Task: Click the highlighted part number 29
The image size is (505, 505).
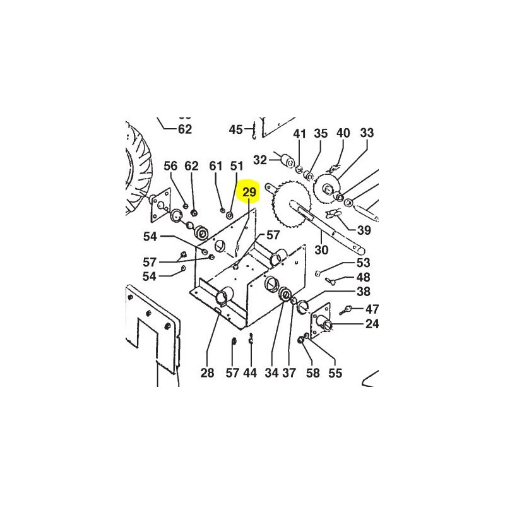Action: click(250, 191)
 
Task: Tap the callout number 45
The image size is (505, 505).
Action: click(235, 129)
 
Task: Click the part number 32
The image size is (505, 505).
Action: click(260, 159)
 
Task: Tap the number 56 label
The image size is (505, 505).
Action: click(171, 166)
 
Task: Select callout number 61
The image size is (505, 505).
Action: click(216, 166)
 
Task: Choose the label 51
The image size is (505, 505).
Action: click(236, 166)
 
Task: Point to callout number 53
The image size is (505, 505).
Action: click(363, 263)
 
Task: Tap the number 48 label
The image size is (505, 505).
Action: click(363, 277)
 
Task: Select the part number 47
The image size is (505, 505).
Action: click(372, 309)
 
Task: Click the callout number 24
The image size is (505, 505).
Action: click(372, 324)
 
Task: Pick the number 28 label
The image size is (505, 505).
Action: click(208, 373)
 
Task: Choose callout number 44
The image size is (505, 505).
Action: click(250, 373)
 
